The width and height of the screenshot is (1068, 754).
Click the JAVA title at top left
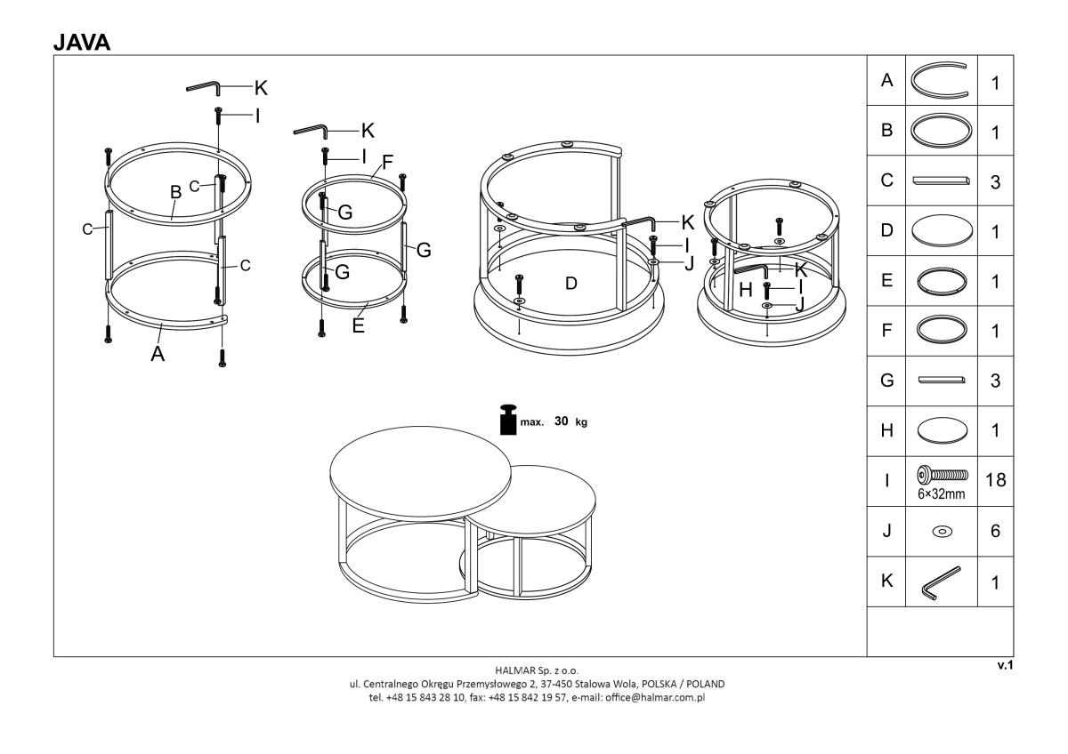pos(82,43)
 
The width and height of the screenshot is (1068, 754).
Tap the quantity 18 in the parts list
pos(996,480)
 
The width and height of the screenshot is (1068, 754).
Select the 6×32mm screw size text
pos(942,494)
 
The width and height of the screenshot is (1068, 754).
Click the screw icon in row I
pos(943,475)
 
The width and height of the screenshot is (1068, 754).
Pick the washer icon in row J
pos(943,531)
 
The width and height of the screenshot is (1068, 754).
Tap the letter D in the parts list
pos(886,230)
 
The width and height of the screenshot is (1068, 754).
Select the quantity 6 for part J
pos(996,531)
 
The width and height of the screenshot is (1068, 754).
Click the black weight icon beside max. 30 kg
pos(508,420)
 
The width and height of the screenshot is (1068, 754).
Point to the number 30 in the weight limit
pos(562,421)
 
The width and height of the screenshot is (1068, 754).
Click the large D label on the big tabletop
pos(571,284)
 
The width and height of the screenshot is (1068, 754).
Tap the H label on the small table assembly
pos(746,290)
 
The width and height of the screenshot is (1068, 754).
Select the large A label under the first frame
pos(158,354)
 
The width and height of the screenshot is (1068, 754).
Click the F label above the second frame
pos(387,163)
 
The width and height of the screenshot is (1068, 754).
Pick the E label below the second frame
pos(358,325)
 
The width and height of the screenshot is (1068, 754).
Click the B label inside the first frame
pos(176,192)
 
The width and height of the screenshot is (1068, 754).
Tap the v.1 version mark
pos(1005,665)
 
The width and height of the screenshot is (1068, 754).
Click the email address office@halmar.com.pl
pos(655,697)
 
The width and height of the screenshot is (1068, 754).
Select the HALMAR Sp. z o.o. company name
pos(537,670)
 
